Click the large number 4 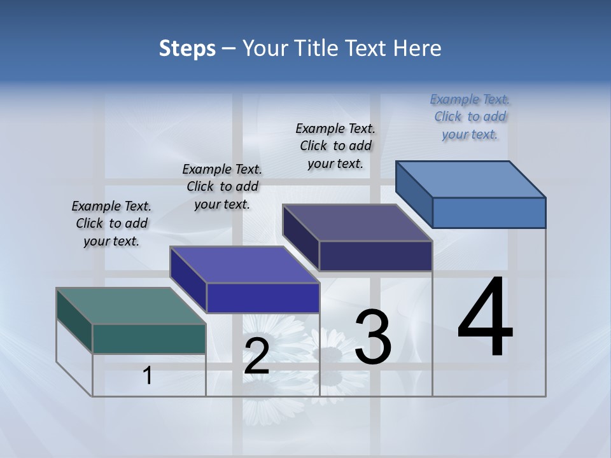click(x=485, y=318)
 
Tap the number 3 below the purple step click(x=373, y=337)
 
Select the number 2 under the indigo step click(x=256, y=356)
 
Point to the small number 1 click(x=148, y=376)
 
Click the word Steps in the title click(x=187, y=48)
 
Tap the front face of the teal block click(x=149, y=338)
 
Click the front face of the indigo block click(x=263, y=298)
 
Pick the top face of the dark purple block click(x=357, y=223)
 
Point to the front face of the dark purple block click(x=376, y=256)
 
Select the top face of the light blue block click(x=470, y=179)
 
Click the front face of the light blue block click(x=489, y=212)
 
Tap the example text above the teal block click(x=111, y=223)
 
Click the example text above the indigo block click(x=222, y=186)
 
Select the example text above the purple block click(x=335, y=146)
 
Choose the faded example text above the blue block click(x=470, y=116)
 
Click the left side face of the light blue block click(x=414, y=194)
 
